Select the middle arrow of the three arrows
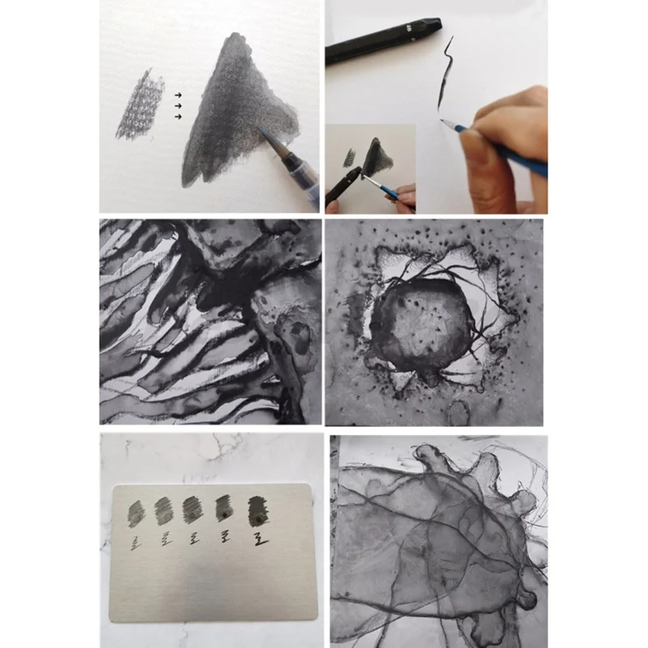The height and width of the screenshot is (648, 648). click(177, 105)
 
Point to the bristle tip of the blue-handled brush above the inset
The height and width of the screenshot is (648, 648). click(443, 121)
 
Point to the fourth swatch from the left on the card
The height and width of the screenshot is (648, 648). click(225, 509)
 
